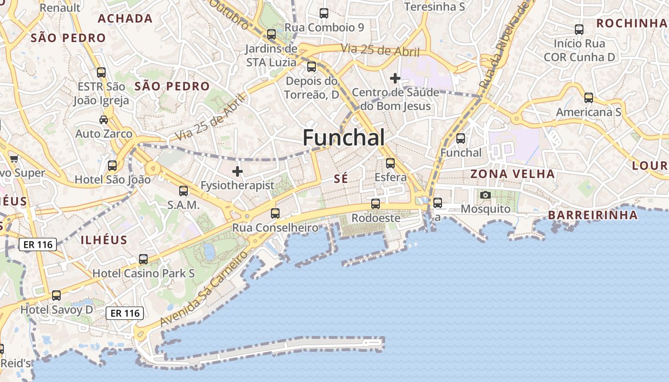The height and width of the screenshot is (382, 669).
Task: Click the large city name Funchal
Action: tap(344, 138)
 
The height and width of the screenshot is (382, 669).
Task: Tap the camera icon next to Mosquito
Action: tap(486, 195)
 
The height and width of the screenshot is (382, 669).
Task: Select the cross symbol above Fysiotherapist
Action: tap(237, 171)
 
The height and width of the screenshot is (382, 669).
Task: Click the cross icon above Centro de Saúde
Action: tap(395, 78)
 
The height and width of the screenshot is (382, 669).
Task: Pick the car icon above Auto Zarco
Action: tap(104, 119)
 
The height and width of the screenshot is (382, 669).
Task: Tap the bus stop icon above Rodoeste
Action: tap(376, 204)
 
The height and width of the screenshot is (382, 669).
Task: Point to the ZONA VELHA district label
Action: tap(513, 174)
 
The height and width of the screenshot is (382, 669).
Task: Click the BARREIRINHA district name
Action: tap(593, 215)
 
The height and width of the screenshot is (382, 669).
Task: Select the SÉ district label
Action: tap(341, 179)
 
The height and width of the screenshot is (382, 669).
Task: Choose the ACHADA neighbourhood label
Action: tap(125, 19)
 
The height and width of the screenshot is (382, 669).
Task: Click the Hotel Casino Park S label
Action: tap(143, 274)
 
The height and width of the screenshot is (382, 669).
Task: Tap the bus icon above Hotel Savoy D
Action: tap(56, 296)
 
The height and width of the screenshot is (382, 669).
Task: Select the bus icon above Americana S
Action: tap(589, 98)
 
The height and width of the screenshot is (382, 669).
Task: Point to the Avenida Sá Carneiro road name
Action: tap(204, 289)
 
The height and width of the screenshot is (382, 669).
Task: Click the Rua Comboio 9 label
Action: tap(324, 27)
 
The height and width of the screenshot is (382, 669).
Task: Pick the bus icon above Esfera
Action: tap(390, 163)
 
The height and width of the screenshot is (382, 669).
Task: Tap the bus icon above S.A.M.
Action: tap(183, 191)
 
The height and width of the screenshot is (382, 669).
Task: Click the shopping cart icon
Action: tap(14, 159)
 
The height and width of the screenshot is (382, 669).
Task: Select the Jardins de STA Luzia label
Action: tap(271, 55)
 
